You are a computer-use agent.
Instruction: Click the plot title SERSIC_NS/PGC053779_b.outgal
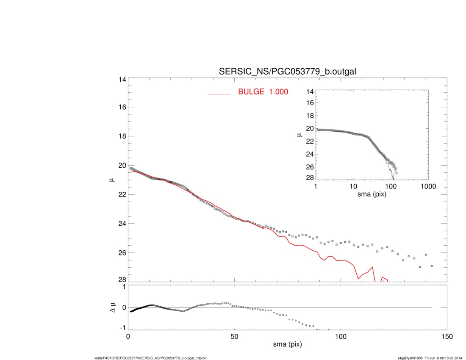(x=287, y=72)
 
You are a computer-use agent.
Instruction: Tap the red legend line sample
(x=219, y=94)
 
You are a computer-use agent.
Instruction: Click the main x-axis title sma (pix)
(x=287, y=345)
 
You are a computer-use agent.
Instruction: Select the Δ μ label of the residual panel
(x=112, y=307)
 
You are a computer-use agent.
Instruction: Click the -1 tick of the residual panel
(x=122, y=328)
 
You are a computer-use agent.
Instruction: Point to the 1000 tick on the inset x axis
(x=428, y=186)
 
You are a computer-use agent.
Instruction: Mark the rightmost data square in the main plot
(x=432, y=266)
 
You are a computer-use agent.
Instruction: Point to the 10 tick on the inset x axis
(x=353, y=186)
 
